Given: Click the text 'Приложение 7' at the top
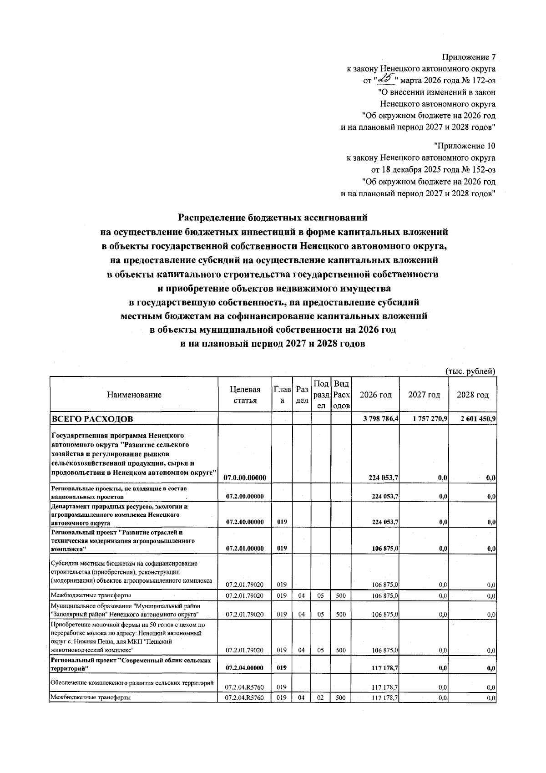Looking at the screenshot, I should click(x=469, y=57).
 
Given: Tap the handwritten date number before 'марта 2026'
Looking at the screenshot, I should click(x=386, y=80).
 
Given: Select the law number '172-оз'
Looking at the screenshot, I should click(x=481, y=81).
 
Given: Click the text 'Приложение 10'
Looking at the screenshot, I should click(x=465, y=146).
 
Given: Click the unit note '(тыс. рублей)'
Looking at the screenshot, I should click(x=470, y=371).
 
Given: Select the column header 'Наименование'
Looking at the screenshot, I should click(x=134, y=395).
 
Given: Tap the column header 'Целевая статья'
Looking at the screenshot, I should click(x=245, y=395).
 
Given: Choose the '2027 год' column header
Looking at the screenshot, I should click(x=424, y=395).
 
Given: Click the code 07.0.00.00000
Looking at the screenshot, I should click(x=245, y=478).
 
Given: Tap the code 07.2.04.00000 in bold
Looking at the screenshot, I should click(x=245, y=668).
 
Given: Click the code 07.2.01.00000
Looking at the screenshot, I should click(x=245, y=549).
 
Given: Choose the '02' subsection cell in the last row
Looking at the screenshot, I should click(x=320, y=698).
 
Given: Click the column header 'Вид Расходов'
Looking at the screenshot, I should click(x=341, y=395).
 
